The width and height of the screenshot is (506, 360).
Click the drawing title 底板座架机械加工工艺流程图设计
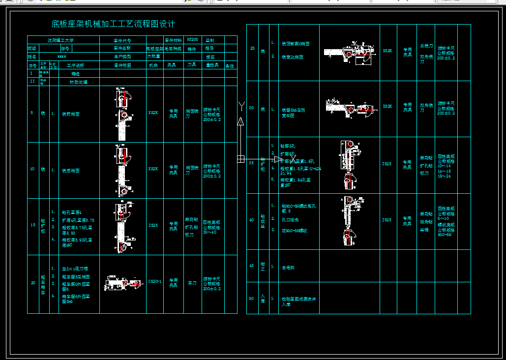coord(114,24)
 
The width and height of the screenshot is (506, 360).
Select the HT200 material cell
coord(193,39)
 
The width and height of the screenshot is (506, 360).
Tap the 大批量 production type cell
coord(154,57)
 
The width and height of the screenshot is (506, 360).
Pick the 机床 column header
coord(154,65)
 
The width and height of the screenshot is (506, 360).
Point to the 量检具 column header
coord(212,65)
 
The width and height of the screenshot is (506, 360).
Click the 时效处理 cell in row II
coord(78,82)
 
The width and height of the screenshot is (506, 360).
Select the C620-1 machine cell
coord(155,282)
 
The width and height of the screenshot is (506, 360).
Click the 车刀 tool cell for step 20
coord(192,283)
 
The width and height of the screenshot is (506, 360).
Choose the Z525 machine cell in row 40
coord(387,220)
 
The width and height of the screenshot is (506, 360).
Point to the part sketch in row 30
coord(350,109)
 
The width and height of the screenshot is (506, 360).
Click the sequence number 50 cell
coord(252,298)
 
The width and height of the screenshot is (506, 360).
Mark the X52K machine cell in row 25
coord(387,51)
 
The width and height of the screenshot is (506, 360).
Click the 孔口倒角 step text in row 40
coord(290,220)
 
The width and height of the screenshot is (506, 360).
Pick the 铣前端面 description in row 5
coord(70,114)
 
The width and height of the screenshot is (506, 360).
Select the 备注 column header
coord(230,65)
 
